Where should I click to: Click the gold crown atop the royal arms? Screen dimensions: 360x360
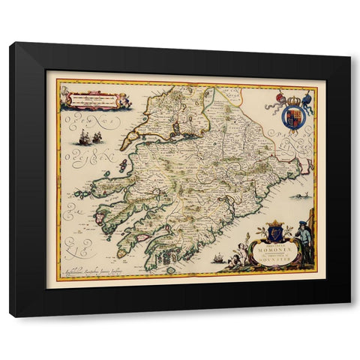pyautogui.click(x=292, y=96)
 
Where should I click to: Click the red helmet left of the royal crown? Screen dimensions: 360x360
pyautogui.click(x=280, y=97)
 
